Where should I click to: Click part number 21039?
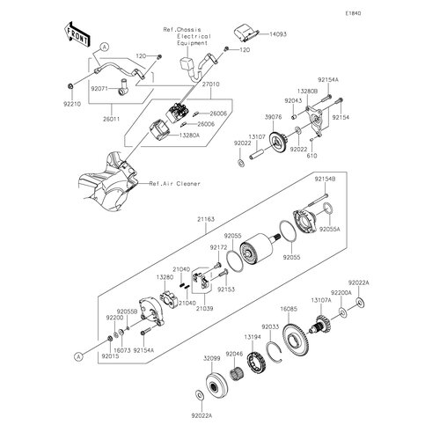click(x=204, y=309)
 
